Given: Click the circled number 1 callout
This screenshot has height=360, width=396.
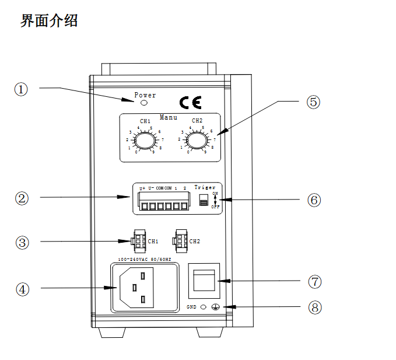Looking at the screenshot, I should [22, 89].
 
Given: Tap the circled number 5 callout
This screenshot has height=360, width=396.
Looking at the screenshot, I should [313, 102].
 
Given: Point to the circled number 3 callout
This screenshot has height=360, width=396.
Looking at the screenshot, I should [22, 242].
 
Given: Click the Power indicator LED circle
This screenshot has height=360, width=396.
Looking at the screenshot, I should [144, 103].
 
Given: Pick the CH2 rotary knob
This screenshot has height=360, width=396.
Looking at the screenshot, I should [197, 141].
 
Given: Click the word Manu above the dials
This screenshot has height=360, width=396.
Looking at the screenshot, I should [169, 117].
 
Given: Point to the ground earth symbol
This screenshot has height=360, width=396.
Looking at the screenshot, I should [215, 307].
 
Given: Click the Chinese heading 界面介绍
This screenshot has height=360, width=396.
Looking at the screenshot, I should [49, 21].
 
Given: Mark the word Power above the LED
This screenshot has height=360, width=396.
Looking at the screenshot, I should [145, 95].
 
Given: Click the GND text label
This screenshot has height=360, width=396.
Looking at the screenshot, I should [191, 306].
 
